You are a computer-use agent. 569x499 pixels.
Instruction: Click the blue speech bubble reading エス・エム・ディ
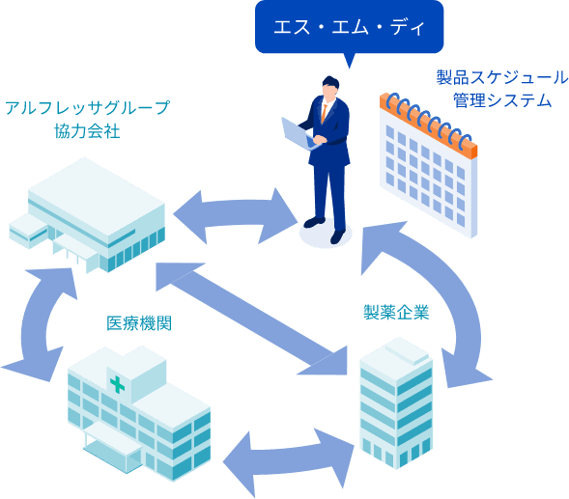pyautogui.click(x=349, y=27)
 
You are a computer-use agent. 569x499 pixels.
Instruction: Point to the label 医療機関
pyautogui.click(x=140, y=322)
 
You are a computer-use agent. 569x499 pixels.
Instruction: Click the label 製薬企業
pyautogui.click(x=395, y=312)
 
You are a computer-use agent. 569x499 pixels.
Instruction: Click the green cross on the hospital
pyautogui.click(x=117, y=385)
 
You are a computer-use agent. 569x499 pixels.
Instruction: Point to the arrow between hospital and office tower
pyautogui.click(x=289, y=449)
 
